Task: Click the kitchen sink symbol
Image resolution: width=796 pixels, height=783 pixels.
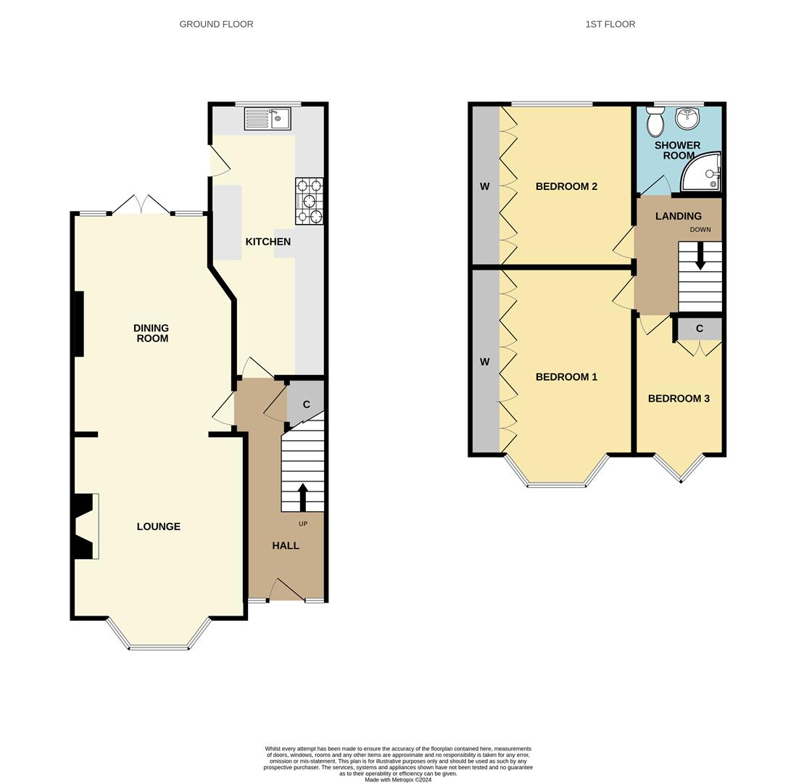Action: pyautogui.click(x=267, y=118)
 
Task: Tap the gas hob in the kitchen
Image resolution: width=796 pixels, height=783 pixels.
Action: pyautogui.click(x=309, y=201)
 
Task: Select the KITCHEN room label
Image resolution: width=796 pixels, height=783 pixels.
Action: pyautogui.click(x=268, y=241)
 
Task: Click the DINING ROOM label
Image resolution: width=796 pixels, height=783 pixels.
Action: pyautogui.click(x=152, y=333)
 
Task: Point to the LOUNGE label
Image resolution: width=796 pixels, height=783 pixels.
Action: pyautogui.click(x=158, y=526)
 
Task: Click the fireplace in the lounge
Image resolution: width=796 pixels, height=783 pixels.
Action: pyautogui.click(x=85, y=526)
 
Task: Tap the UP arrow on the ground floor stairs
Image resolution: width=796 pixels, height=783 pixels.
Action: pyautogui.click(x=302, y=497)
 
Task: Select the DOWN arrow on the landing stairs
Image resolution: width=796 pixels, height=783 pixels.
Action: pyautogui.click(x=700, y=256)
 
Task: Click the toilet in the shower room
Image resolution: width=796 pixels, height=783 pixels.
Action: pyautogui.click(x=655, y=123)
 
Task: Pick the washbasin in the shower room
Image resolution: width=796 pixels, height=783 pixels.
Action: pyautogui.click(x=687, y=117)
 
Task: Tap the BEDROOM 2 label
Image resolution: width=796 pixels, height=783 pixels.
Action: pyautogui.click(x=566, y=186)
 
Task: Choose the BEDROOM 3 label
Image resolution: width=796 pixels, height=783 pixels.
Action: pyautogui.click(x=679, y=398)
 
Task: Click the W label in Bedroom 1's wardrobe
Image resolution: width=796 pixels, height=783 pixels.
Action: pyautogui.click(x=484, y=362)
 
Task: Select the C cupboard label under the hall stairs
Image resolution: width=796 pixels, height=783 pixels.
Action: pyautogui.click(x=306, y=405)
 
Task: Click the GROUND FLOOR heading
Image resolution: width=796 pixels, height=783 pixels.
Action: pyautogui.click(x=216, y=24)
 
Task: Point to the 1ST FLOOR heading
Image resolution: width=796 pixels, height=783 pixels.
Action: pyautogui.click(x=610, y=24)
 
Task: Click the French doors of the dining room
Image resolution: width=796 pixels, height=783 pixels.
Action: pyautogui.click(x=141, y=205)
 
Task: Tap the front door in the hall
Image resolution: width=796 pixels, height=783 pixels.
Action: pyautogui.click(x=286, y=590)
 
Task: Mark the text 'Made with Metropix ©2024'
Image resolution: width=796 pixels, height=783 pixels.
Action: pyautogui.click(x=397, y=780)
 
